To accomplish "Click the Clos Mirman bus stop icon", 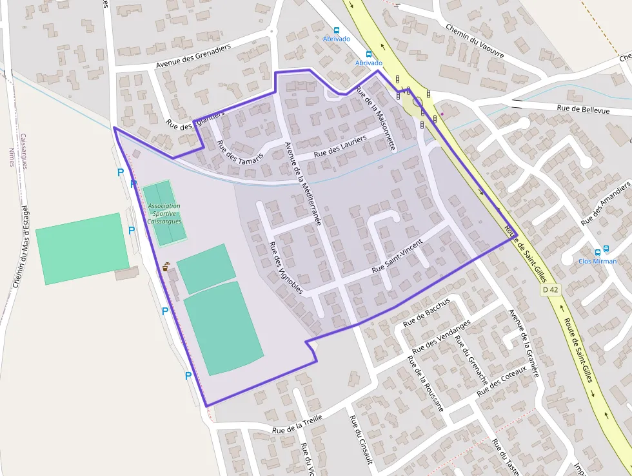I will click(x=598, y=252).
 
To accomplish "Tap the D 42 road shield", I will click(x=549, y=291).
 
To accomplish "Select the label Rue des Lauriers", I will click(x=340, y=147).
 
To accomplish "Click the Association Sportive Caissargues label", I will click(x=164, y=213).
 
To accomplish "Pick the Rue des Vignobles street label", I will click(x=285, y=267).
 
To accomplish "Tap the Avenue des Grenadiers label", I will click(x=193, y=59).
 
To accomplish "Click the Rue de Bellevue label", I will click(x=583, y=110).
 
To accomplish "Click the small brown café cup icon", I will click(x=166, y=266).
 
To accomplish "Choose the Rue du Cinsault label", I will click(x=361, y=439).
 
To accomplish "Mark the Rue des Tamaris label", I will click(x=241, y=151).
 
